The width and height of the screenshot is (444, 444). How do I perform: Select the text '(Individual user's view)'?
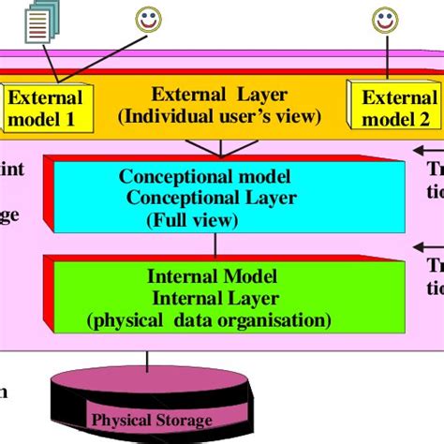220,116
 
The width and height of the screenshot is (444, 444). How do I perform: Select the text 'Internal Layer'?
216,299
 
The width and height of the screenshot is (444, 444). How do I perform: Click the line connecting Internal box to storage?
145,361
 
